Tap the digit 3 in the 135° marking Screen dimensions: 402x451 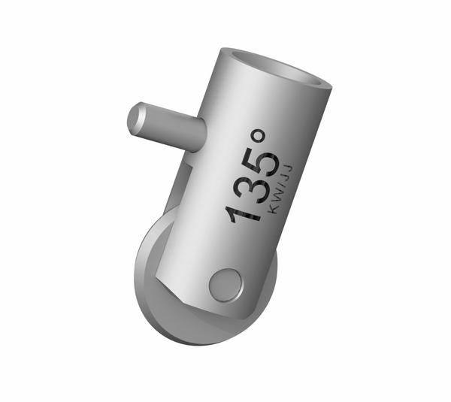click(249, 188)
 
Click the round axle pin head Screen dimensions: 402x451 click(225, 286)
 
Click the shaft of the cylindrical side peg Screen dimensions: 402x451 click(169, 125)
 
